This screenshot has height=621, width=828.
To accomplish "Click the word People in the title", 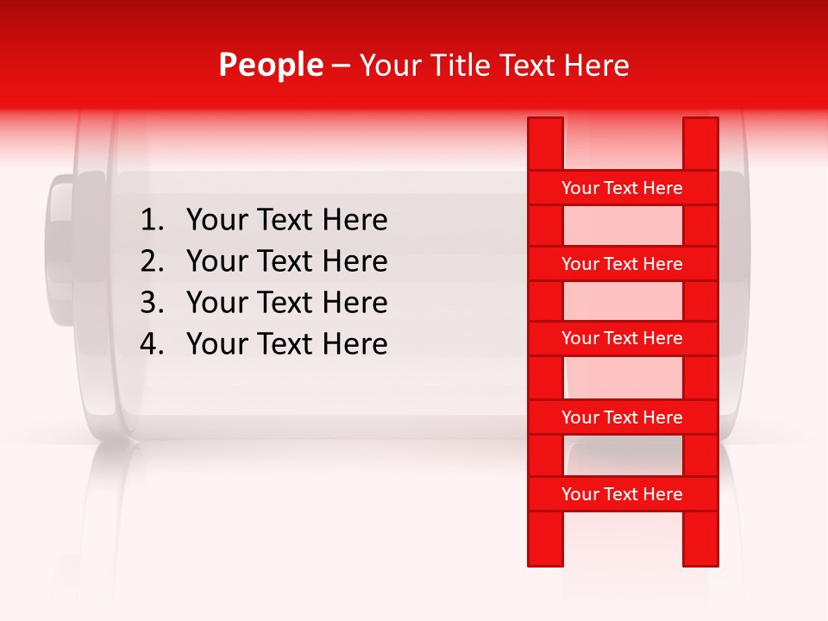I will pyautogui.click(x=271, y=66).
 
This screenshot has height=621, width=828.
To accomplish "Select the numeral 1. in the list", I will pyautogui.click(x=152, y=221).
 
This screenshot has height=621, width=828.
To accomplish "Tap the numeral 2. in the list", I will pyautogui.click(x=152, y=262).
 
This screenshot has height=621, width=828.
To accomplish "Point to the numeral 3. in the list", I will pyautogui.click(x=152, y=304).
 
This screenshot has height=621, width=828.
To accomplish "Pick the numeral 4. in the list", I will pyautogui.click(x=152, y=345).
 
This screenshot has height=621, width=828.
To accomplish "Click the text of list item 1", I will pyautogui.click(x=286, y=221).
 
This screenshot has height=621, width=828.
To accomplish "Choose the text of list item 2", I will pyautogui.click(x=286, y=262).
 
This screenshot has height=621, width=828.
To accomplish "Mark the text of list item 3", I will pyautogui.click(x=286, y=304).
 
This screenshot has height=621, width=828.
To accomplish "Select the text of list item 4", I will pyautogui.click(x=286, y=345).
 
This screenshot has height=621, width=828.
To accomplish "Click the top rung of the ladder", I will pyautogui.click(x=622, y=188).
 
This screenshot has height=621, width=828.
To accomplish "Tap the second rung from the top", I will pyautogui.click(x=622, y=264).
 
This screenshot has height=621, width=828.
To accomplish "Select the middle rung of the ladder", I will pyautogui.click(x=622, y=339).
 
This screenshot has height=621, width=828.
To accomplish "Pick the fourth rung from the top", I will pyautogui.click(x=622, y=417).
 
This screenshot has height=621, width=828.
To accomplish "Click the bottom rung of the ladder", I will pyautogui.click(x=622, y=494).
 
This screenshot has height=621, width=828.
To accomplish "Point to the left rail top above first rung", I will pyautogui.click(x=545, y=143).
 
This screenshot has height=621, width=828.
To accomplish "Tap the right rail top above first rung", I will pyautogui.click(x=700, y=143).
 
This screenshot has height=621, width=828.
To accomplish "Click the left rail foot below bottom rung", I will pyautogui.click(x=545, y=539).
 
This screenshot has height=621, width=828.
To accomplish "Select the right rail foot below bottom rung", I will pyautogui.click(x=700, y=539).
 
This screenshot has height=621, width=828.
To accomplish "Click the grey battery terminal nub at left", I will pyautogui.click(x=62, y=250).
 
